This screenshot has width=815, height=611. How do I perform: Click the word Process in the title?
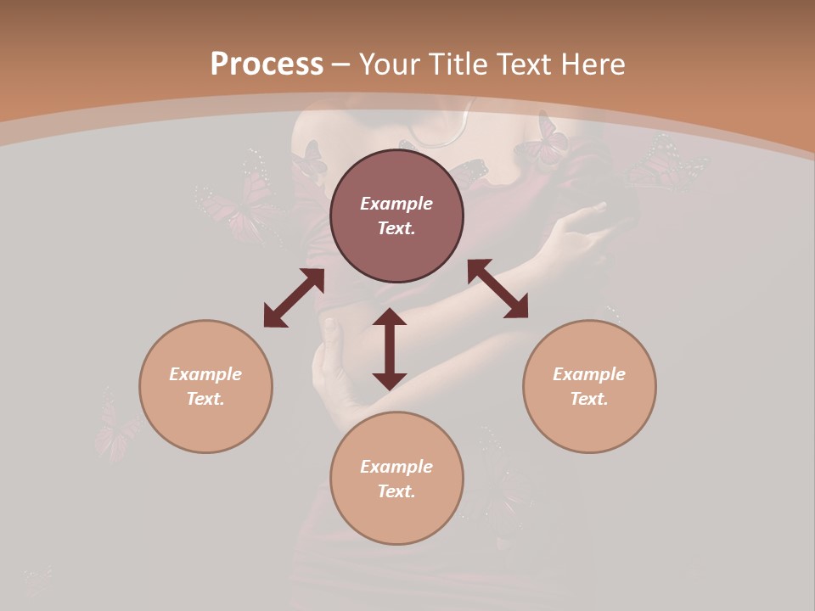pyautogui.click(x=267, y=64)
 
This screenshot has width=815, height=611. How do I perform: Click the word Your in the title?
pyautogui.click(x=387, y=64)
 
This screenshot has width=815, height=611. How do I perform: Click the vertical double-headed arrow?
pyautogui.click(x=390, y=349)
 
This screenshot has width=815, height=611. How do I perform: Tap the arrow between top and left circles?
pyautogui.click(x=294, y=298)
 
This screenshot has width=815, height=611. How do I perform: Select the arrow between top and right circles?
pyautogui.click(x=497, y=289)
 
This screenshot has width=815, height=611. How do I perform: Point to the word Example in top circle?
pyautogui.click(x=396, y=204)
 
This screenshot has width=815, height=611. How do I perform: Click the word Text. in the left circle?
pyautogui.click(x=205, y=399)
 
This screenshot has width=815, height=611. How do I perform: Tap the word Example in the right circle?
pyautogui.click(x=589, y=374)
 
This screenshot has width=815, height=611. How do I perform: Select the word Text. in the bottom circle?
pyautogui.click(x=396, y=491)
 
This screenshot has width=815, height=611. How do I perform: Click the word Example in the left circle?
pyautogui.click(x=205, y=374)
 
